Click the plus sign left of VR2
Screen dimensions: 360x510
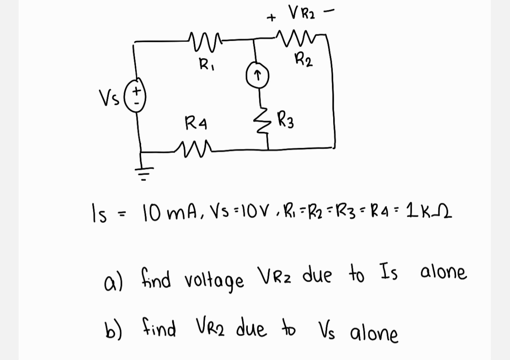(x=271, y=18)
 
